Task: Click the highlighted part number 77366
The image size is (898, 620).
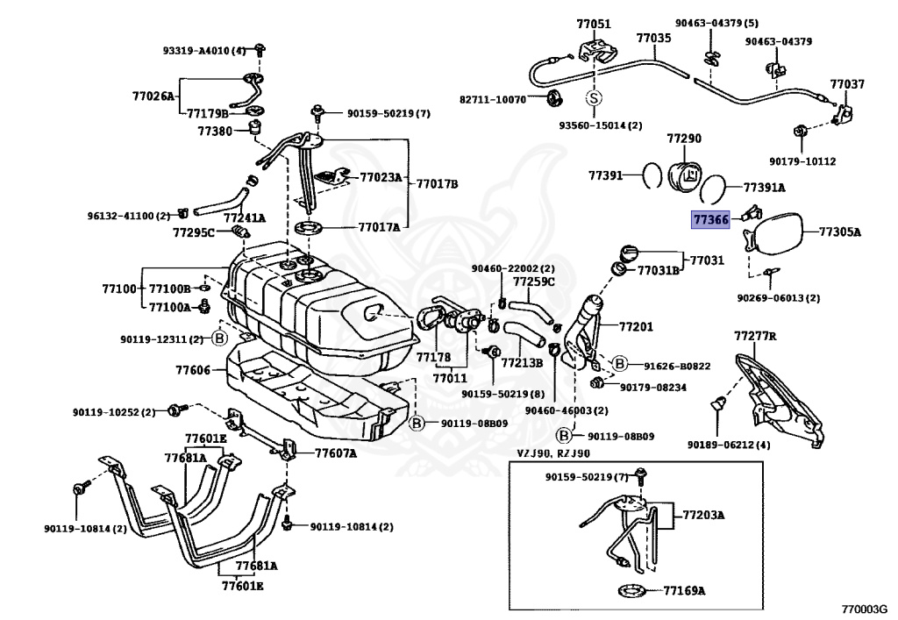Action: pos(710,220)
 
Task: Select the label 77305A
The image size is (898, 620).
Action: pos(840,232)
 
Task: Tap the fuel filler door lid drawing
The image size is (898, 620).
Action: pos(775,231)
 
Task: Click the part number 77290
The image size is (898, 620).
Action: pos(683,139)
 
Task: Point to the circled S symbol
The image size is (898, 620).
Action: pos(594,98)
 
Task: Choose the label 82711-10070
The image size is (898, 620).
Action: pos(493,99)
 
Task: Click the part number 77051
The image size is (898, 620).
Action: pos(594,24)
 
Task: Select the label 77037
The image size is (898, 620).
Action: pos(847,84)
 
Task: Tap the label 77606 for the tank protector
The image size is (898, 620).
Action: pos(193,370)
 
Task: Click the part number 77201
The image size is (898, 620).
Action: pos(636,326)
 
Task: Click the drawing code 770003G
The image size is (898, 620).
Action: pos(865,608)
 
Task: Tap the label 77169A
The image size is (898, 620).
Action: pos(684,590)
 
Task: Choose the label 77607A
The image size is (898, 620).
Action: pos(335,453)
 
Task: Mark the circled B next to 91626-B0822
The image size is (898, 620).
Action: pos(619,364)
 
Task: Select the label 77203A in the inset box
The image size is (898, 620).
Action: pos(703,515)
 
